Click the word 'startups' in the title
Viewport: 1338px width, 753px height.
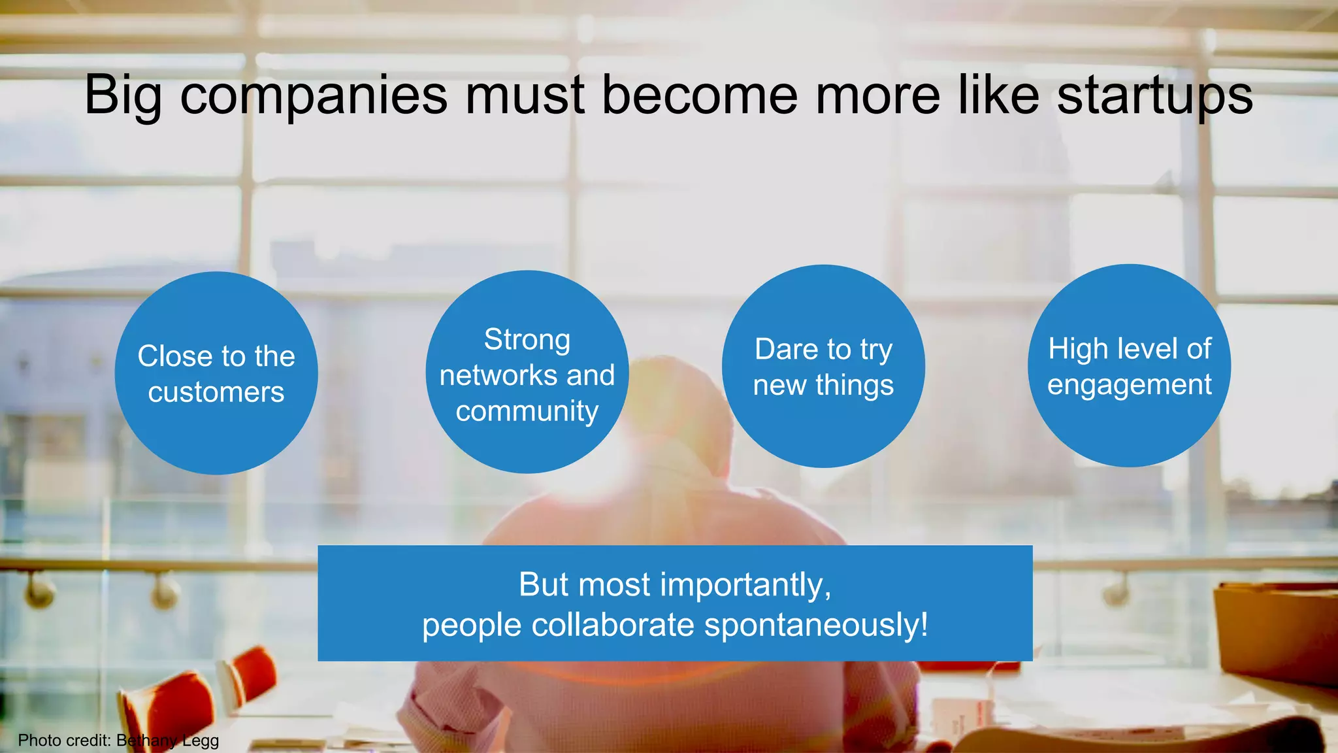click(1154, 95)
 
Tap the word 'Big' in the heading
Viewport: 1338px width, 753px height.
click(122, 95)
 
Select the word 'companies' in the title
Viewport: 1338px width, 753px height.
click(314, 95)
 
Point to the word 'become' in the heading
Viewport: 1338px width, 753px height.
click(699, 95)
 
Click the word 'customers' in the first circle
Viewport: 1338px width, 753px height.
click(216, 392)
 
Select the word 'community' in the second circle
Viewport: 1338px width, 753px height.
click(527, 411)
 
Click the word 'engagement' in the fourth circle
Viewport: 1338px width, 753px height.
click(1129, 384)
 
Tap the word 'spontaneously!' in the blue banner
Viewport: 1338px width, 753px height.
click(816, 625)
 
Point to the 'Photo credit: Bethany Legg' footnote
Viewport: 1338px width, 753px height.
click(118, 741)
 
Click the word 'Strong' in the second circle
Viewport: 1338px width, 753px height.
click(527, 339)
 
